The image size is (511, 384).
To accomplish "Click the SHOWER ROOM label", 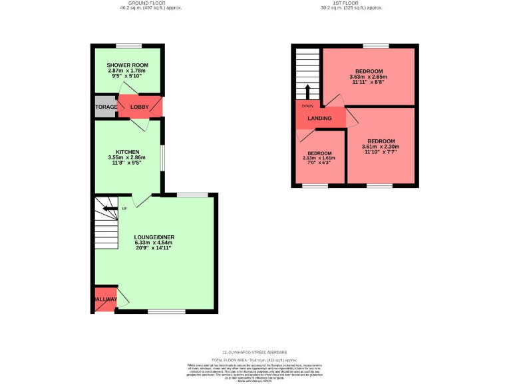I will click(x=127, y=65).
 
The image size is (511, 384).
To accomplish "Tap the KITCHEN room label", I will click(x=126, y=151).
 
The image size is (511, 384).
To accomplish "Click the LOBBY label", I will click(x=140, y=107).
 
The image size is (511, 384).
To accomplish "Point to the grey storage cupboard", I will click(x=105, y=107).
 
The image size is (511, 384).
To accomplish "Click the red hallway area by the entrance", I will click(x=105, y=299).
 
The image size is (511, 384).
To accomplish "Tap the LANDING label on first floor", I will click(x=319, y=119).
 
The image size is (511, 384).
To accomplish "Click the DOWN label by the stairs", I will click(x=307, y=105).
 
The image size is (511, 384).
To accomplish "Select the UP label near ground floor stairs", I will click(x=124, y=209).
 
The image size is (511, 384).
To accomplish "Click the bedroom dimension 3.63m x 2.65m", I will click(x=368, y=77).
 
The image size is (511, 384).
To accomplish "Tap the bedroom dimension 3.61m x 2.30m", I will click(x=381, y=147).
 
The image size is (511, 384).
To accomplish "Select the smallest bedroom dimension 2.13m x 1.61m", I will click(x=319, y=158).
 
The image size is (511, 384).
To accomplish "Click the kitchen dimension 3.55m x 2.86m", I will click(x=126, y=157).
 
